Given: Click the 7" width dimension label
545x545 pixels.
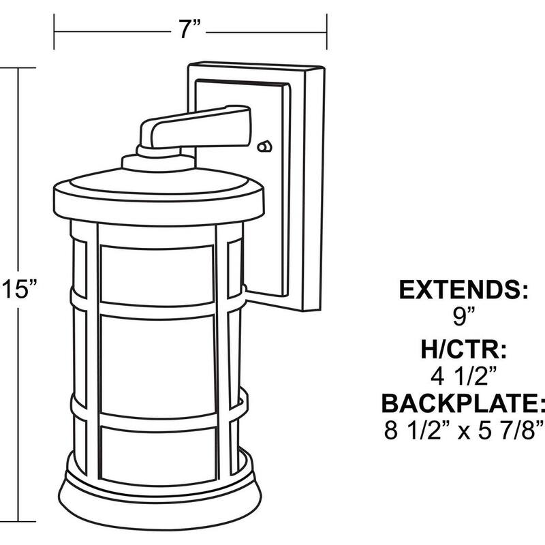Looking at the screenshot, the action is pyautogui.click(x=189, y=29).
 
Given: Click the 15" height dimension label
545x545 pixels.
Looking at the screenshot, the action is pyautogui.click(x=19, y=289).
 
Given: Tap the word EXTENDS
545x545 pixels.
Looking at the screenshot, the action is pyautogui.click(x=463, y=290).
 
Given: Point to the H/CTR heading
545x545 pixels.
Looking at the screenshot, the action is pyautogui.click(x=464, y=349).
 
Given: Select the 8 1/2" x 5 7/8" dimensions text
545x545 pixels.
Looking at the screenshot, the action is pyautogui.click(x=464, y=430).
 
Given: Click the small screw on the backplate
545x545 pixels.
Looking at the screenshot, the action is pyautogui.click(x=264, y=146).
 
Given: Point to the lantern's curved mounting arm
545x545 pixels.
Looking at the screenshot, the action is pyautogui.click(x=195, y=127).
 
